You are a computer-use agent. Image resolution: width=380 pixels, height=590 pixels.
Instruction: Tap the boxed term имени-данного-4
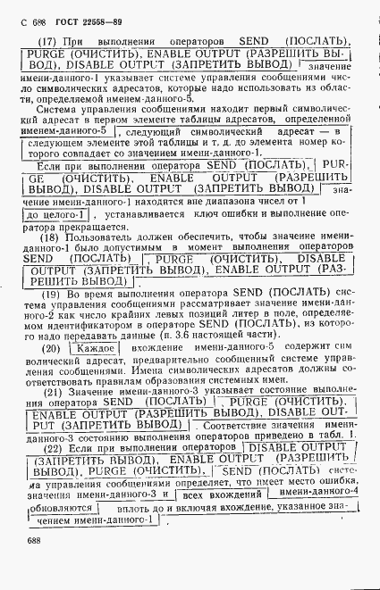(318, 491)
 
